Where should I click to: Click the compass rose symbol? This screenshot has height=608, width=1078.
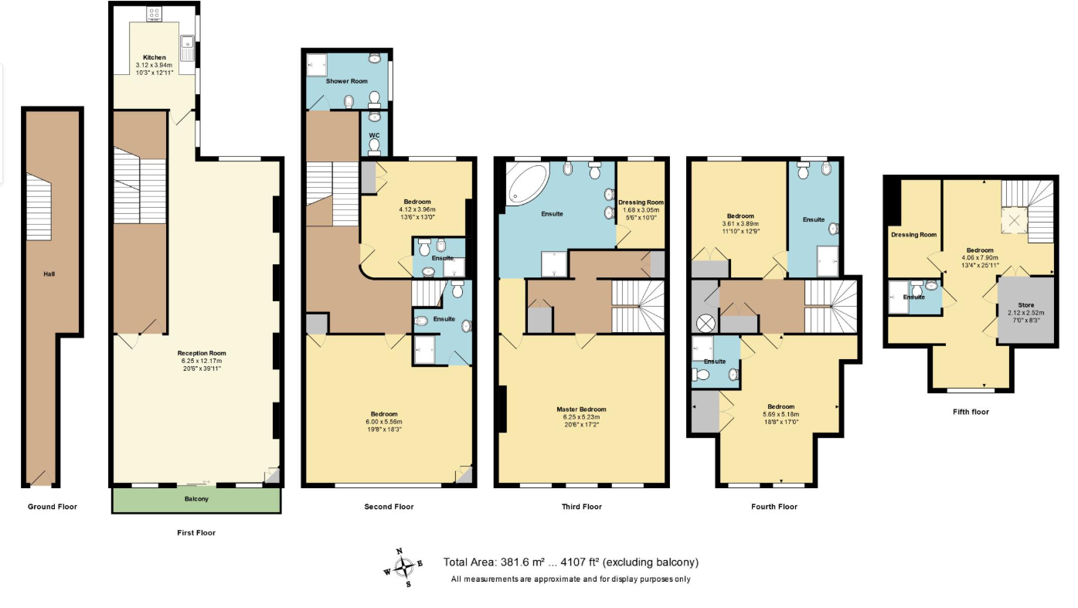click(403, 568)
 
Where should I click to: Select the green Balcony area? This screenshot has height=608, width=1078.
click(196, 500)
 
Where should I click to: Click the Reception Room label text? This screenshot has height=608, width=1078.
click(199, 353)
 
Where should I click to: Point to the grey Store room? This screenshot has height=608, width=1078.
click(1026, 310)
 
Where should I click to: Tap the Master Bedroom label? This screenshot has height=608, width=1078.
click(581, 409)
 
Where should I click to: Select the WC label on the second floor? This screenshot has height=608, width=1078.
click(374, 135)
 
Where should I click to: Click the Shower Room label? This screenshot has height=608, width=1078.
click(346, 80)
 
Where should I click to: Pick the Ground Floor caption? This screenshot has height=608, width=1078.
click(53, 507)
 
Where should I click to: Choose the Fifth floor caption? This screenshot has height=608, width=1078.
click(971, 412)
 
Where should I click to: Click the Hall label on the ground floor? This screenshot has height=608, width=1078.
click(49, 273)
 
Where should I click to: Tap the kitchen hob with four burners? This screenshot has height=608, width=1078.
click(155, 13)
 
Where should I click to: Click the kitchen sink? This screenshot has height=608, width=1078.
click(186, 47)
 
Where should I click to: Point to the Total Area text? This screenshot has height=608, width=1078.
click(570, 562)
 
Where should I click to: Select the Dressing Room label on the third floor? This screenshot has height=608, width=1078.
click(641, 202)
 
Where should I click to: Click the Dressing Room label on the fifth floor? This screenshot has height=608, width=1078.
click(913, 235)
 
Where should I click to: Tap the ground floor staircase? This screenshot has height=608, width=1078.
click(39, 206)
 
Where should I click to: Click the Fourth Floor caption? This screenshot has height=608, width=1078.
click(774, 507)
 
